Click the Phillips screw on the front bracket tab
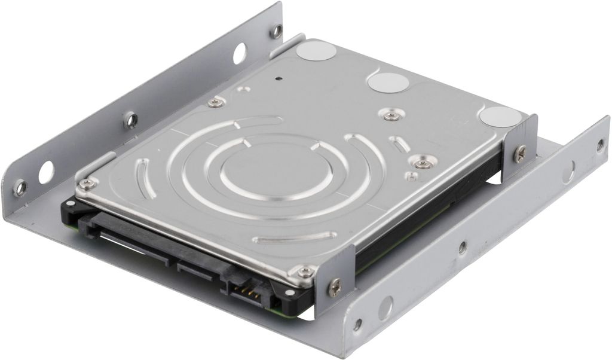click(x=335, y=288)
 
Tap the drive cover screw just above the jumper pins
click(x=306, y=272)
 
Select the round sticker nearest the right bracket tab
click(x=500, y=117)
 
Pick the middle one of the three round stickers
click(x=388, y=82)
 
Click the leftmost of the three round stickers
click(x=316, y=51)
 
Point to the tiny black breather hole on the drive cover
click(x=279, y=78)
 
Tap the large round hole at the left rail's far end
click(x=239, y=54)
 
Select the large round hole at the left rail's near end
click(x=46, y=173)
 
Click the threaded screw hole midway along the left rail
click(x=131, y=120)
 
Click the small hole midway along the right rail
click(x=462, y=247)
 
